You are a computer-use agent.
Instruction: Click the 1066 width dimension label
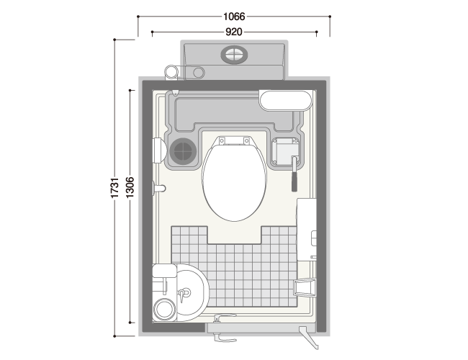coord(234,17)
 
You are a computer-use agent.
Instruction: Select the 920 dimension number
coord(234,32)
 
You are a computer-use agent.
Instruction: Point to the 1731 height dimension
coord(115,187)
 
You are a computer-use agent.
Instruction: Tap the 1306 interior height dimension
coord(130,187)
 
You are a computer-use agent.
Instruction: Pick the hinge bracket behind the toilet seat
coord(234,140)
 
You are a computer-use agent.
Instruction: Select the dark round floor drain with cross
coord(183,150)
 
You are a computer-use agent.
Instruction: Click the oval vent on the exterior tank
coord(234,55)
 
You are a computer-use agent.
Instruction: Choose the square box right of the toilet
coord(286,151)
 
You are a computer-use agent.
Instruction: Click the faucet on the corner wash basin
coord(184,293)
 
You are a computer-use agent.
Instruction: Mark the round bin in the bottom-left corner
coord(164,310)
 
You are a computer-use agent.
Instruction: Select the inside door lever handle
coord(224,317)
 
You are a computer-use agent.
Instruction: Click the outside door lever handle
coord(225,338)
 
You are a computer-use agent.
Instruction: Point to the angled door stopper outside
coord(309,338)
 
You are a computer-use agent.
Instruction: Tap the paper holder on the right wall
coord(305,287)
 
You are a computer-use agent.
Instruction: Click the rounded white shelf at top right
coord(285,101)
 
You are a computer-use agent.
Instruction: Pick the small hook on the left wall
coord(159,189)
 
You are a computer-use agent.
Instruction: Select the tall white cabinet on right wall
coord(306,229)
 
